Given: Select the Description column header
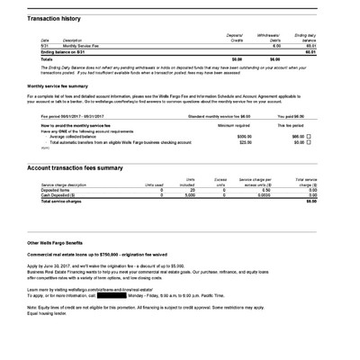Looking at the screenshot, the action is [71, 40].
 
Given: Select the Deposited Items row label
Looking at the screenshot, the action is [57, 190].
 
